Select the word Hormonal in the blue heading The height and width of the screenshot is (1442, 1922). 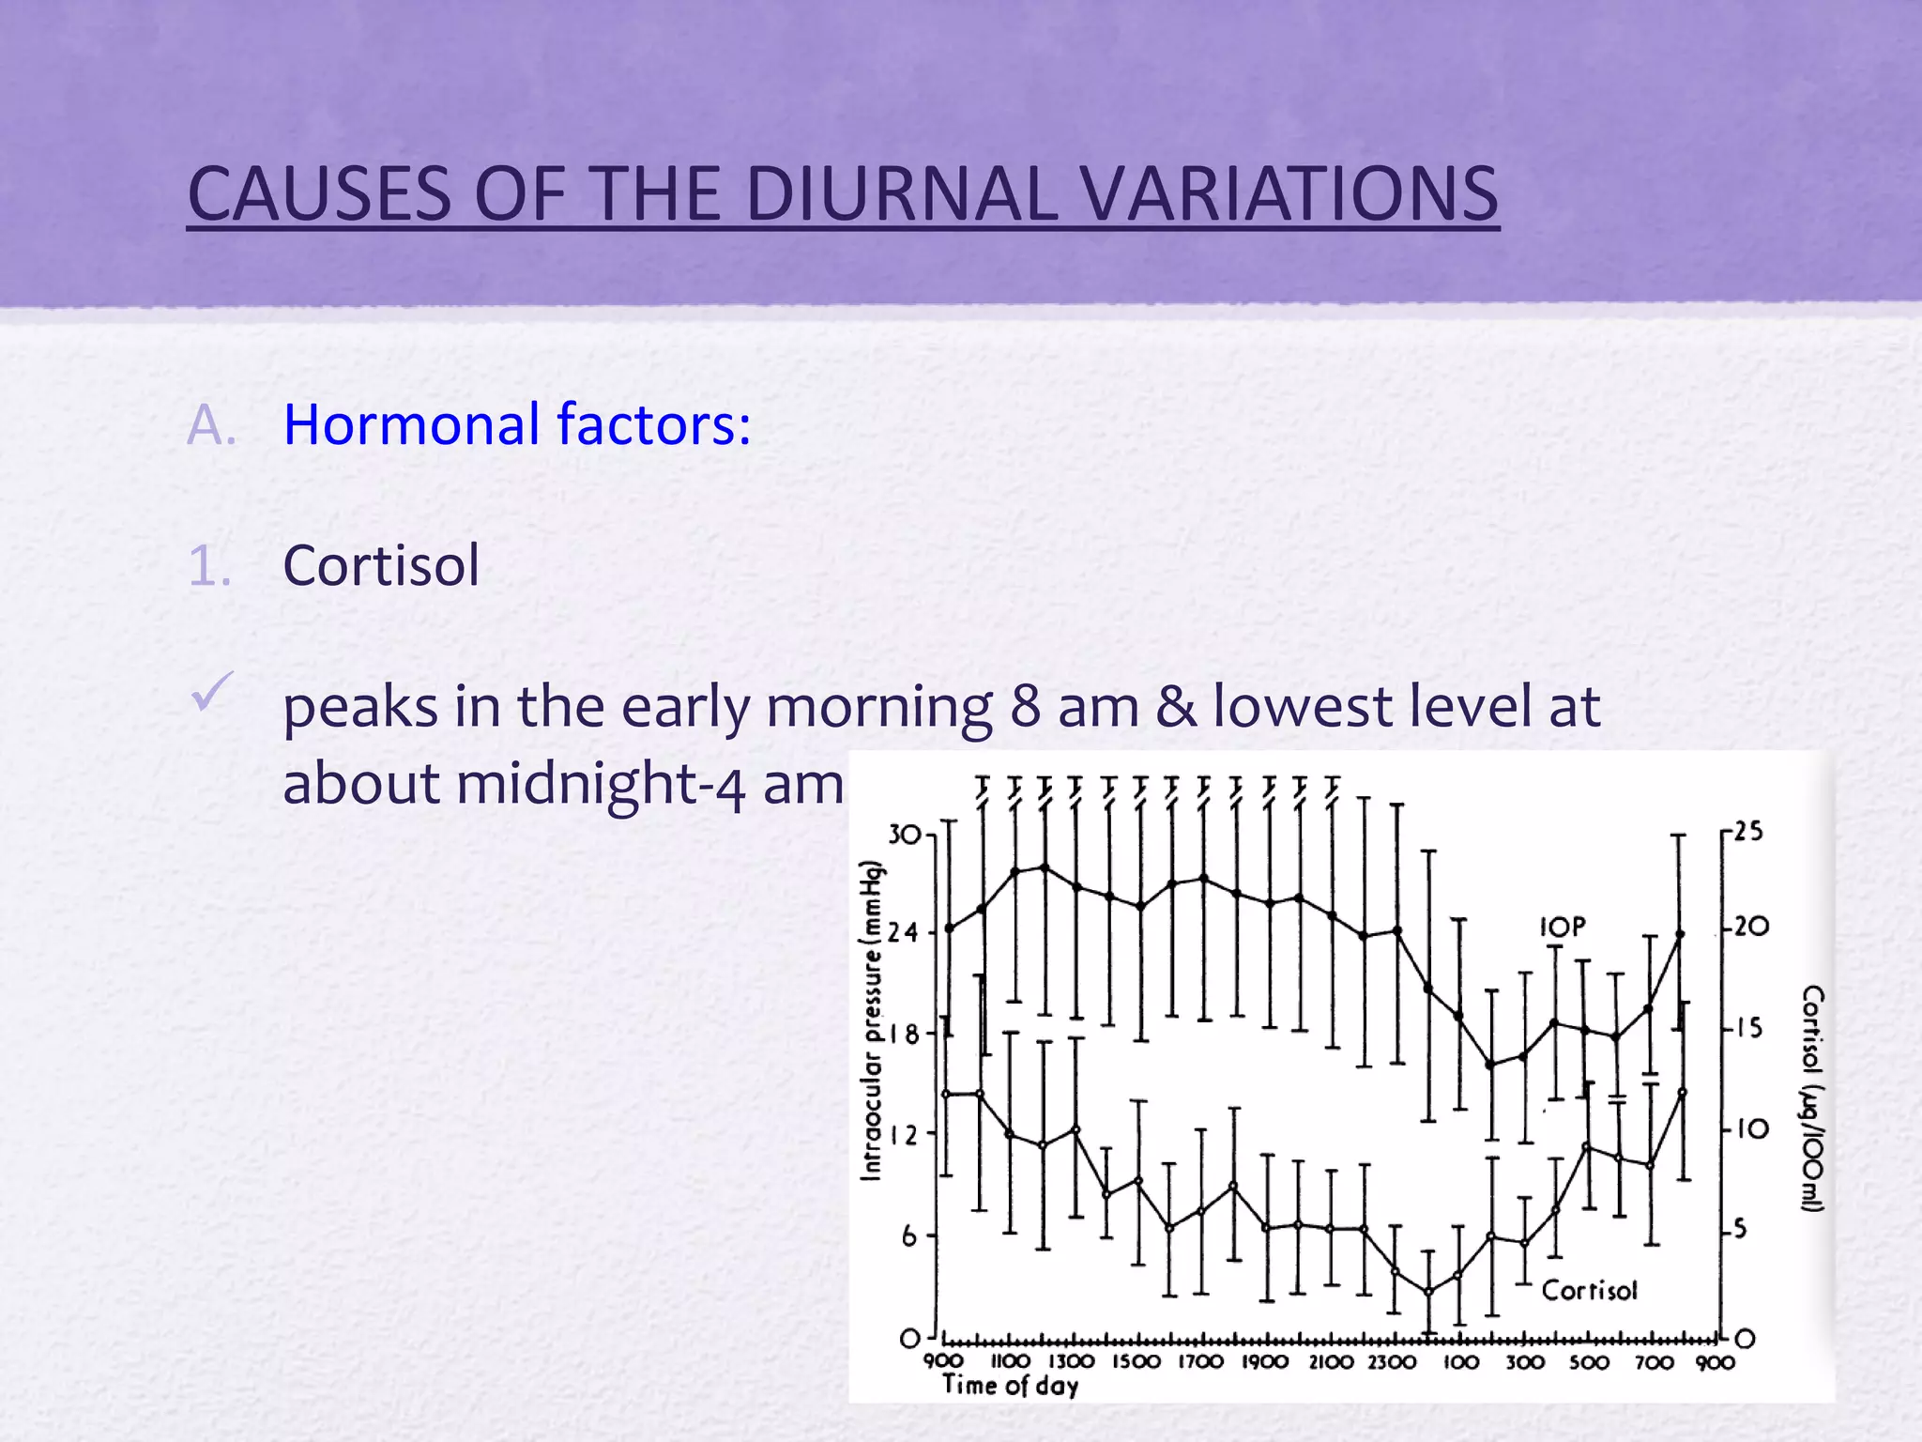412,424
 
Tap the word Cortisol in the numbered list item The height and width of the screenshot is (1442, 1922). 381,565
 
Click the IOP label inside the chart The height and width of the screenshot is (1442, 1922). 1562,928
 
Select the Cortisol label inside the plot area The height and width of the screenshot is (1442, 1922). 1589,1291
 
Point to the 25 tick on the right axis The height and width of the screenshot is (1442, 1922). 1747,831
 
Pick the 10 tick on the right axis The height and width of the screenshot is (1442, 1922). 1751,1128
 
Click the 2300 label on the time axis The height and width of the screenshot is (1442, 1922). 1392,1362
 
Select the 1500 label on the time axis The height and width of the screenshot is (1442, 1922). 1136,1362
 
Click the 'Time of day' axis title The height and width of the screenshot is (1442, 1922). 1011,1386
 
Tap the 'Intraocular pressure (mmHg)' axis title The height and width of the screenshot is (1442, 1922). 873,1020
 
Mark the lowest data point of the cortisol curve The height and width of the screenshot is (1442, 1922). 1428,1293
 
